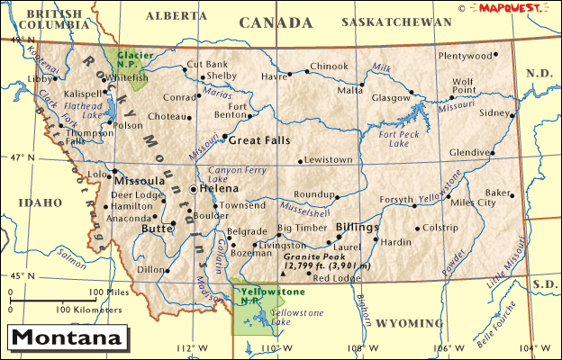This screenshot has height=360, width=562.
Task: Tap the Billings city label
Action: [x=357, y=228]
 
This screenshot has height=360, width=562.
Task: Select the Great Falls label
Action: [x=259, y=140]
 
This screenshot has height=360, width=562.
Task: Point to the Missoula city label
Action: [x=139, y=180]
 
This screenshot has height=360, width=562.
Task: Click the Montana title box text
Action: [x=67, y=339]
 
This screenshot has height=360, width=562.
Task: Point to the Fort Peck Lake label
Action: [x=400, y=139]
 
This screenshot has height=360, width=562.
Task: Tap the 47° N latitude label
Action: [x=19, y=158]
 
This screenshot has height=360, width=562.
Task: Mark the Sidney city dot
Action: [x=512, y=115]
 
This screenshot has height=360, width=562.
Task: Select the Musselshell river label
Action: [x=314, y=212]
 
